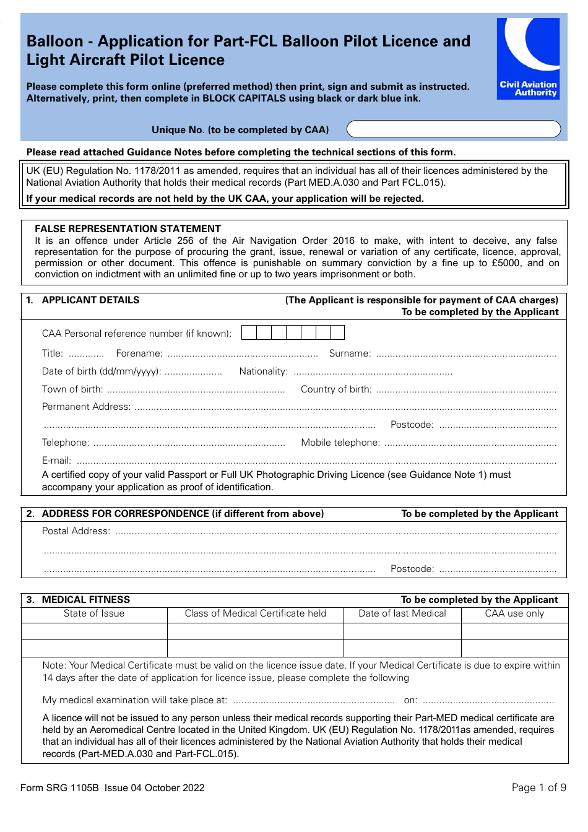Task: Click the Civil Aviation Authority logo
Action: (528, 58)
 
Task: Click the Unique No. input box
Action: (453, 129)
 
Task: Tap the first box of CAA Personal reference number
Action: (249, 333)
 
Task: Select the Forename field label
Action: (139, 353)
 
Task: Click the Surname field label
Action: (350, 353)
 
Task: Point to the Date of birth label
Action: (102, 371)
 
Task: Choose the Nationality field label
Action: (263, 371)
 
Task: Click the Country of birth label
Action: (336, 389)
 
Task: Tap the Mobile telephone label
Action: (340, 443)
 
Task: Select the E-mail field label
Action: (56, 461)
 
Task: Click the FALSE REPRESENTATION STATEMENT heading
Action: (128, 229)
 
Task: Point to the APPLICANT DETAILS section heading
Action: (90, 300)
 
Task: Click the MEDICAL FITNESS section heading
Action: (85, 600)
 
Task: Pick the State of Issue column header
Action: (94, 613)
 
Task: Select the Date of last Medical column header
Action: (402, 613)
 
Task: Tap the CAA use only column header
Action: (514, 613)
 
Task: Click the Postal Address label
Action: (76, 531)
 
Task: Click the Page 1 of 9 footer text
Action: (538, 787)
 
